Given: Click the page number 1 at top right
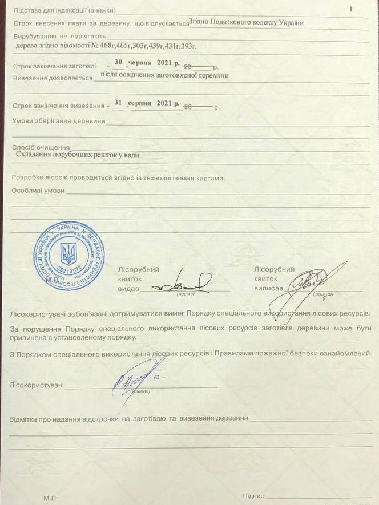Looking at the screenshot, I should tap(350, 9).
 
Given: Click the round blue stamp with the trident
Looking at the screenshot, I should tap(68, 255).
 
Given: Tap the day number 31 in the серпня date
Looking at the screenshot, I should tap(118, 103).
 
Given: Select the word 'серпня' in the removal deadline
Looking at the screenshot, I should tap(140, 103).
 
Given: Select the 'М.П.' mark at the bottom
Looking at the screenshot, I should tap(50, 498).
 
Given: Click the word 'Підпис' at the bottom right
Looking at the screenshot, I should tap(253, 496).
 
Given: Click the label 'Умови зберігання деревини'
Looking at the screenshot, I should tap(59, 121).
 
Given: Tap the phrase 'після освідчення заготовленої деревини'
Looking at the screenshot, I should tap(164, 75).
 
